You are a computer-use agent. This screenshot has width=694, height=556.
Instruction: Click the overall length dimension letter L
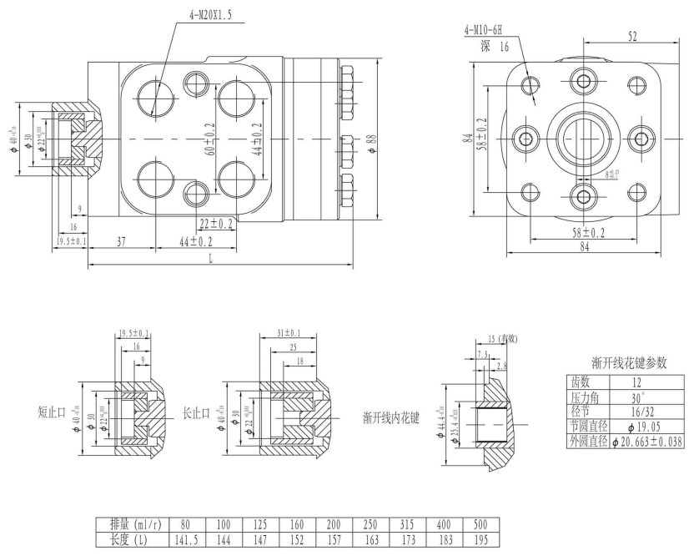point(209,260)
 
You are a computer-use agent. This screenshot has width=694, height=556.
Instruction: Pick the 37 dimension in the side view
point(121,241)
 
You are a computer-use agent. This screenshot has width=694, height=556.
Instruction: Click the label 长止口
point(197,412)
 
